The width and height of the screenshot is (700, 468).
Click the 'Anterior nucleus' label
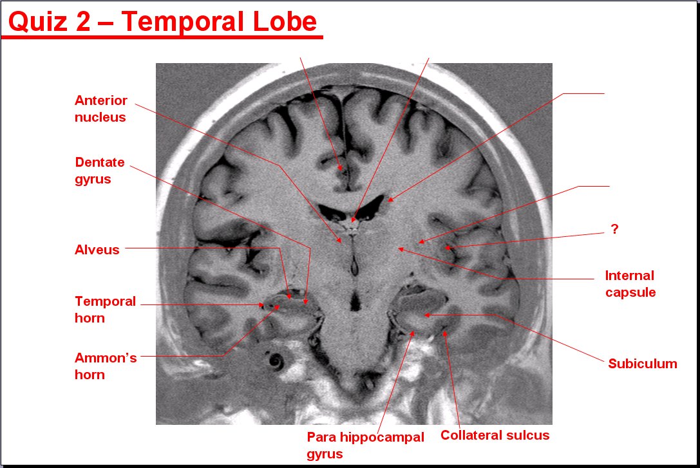coord(101,108)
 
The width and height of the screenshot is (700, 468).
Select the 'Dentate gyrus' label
coord(100,171)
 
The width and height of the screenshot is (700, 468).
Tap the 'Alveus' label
coord(97,249)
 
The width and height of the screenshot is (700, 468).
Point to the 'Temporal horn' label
coord(105,309)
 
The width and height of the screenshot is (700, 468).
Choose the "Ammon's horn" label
coord(106,366)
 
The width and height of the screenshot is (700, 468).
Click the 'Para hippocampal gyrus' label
coord(365,445)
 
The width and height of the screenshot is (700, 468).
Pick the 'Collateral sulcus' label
coord(495,435)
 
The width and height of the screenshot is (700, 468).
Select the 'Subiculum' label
coord(643,364)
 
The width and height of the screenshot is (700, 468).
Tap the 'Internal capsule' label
coord(630,284)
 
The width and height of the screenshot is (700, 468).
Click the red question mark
coord(615,229)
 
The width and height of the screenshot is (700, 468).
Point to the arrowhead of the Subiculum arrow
coord(426,315)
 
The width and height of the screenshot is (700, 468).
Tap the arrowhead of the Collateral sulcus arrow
coord(444,333)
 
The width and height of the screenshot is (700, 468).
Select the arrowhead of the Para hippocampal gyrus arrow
coord(413,333)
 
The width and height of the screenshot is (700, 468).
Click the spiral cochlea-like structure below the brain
coord(275,360)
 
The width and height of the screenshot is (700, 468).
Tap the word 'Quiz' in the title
coord(38,23)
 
